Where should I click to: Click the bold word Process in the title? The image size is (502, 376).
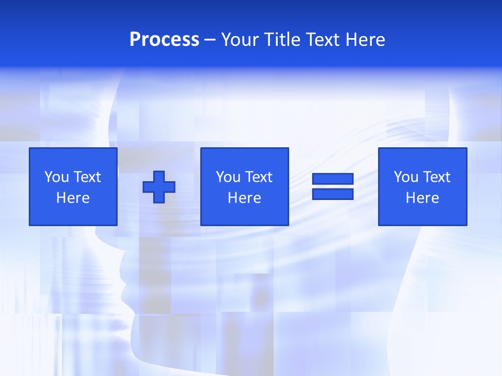click(164, 40)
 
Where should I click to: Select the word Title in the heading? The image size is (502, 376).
click(283, 40)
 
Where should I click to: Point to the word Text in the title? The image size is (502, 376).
click(324, 40)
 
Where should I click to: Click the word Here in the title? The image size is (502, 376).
click(364, 40)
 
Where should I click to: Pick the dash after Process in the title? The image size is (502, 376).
click(210, 40)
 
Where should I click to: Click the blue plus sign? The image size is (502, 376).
click(159, 186)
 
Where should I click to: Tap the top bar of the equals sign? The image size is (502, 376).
click(333, 179)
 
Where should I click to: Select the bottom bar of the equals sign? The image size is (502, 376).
click(333, 194)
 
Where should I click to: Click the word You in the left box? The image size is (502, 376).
click(56, 177)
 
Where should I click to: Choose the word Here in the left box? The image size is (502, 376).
click(73, 198)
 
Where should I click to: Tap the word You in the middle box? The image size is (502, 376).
click(228, 177)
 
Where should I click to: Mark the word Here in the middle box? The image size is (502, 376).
click(244, 198)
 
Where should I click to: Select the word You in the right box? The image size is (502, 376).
click(406, 177)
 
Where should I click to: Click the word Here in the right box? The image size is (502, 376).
click(422, 198)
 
